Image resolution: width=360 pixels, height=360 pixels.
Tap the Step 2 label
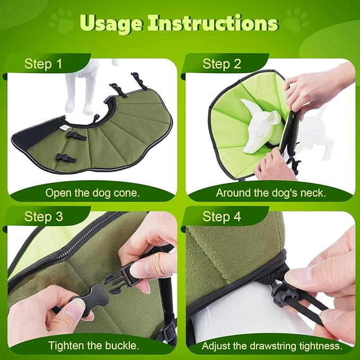point(222,64)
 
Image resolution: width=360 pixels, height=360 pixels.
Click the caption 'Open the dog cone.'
point(93,193)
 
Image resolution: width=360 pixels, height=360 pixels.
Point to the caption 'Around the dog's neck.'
point(271,193)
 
